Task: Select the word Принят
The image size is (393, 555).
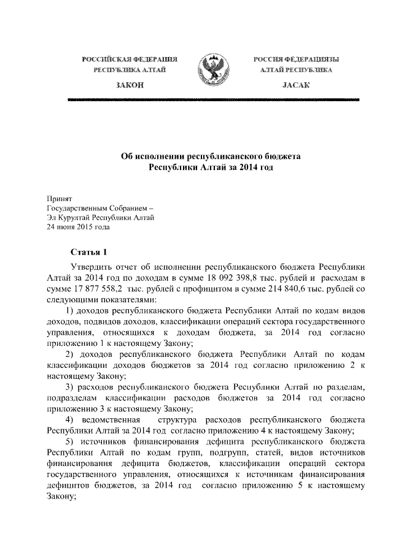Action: coord(60,199)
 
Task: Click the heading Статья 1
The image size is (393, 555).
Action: coord(88,252)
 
